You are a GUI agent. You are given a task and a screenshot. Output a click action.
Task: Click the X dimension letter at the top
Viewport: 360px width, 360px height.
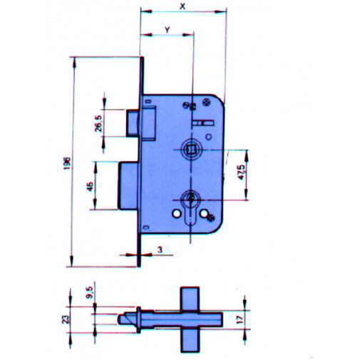[182, 6]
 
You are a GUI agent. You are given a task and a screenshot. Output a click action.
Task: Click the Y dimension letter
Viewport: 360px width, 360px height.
[168, 30]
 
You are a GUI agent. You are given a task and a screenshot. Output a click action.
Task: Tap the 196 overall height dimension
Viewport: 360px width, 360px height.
[67, 163]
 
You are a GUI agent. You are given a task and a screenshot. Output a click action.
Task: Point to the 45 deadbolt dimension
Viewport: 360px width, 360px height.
[90, 187]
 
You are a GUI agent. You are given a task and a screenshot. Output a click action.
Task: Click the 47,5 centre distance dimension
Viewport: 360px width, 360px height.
[241, 173]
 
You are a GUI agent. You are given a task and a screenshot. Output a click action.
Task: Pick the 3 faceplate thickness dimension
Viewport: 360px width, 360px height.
[160, 250]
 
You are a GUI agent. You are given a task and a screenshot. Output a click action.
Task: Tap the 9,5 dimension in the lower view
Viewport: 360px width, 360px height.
[91, 293]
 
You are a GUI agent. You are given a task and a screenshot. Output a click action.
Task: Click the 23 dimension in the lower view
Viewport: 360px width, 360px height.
[66, 319]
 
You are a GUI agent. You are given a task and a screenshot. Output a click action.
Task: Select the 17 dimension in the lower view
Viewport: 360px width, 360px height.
[240, 319]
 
